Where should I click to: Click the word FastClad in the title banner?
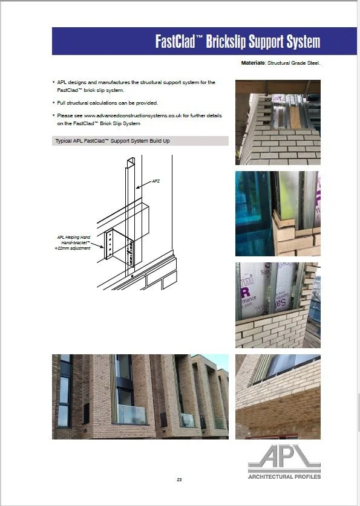coord(175,42)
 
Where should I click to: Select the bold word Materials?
coord(253,63)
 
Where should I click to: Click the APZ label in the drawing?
coord(155,181)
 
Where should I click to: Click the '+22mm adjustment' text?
coord(73,248)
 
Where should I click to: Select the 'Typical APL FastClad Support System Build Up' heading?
coord(113,141)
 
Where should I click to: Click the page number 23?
coord(180,479)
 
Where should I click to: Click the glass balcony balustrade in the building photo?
coord(131,414)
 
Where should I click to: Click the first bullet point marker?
coord(54,82)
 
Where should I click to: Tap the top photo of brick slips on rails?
coord(278,123)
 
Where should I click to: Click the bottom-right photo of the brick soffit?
coord(278,396)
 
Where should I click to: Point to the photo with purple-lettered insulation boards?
coord(278,305)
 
